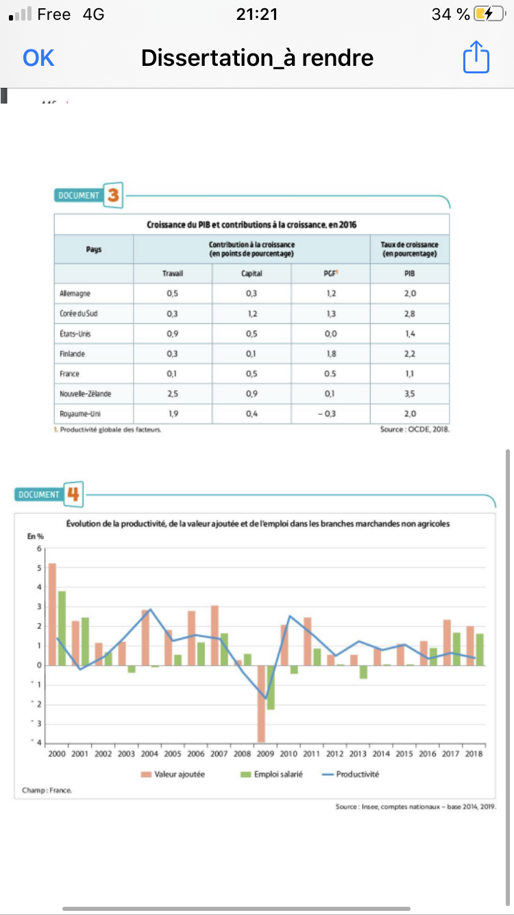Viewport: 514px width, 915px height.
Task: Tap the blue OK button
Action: pyautogui.click(x=38, y=58)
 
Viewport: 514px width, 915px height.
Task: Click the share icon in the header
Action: pyautogui.click(x=476, y=57)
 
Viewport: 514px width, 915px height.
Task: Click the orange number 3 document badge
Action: pyautogui.click(x=113, y=196)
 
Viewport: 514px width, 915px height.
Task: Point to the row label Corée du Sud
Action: pyautogui.click(x=79, y=313)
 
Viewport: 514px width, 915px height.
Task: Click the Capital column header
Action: pyautogui.click(x=252, y=273)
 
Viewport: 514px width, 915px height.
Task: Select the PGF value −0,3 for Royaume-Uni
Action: pyautogui.click(x=330, y=414)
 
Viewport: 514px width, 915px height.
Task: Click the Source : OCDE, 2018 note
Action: pyautogui.click(x=415, y=430)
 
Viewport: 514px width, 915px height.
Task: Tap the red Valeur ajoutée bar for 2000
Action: pyautogui.click(x=52, y=614)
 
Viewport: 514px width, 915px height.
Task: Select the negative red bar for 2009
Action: pyautogui.click(x=261, y=703)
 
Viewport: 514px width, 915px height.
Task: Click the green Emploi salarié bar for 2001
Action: pyautogui.click(x=86, y=641)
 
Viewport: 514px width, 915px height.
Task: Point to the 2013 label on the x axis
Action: pyautogui.click(x=358, y=754)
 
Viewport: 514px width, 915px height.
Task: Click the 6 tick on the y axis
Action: pyautogui.click(x=39, y=548)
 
